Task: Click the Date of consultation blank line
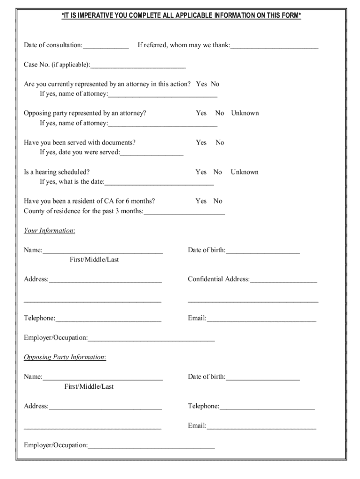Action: (x=106, y=46)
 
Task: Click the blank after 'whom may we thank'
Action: (x=274, y=46)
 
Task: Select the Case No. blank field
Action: (x=138, y=65)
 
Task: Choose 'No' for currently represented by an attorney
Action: (x=215, y=84)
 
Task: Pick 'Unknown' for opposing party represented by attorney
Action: (x=245, y=113)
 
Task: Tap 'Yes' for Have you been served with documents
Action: (x=201, y=143)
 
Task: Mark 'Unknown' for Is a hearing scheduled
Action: (x=244, y=172)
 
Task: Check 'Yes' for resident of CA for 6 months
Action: (x=201, y=201)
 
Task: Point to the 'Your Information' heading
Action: (x=49, y=231)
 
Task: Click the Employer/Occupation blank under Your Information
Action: (x=151, y=339)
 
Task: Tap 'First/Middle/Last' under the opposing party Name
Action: (x=89, y=387)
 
